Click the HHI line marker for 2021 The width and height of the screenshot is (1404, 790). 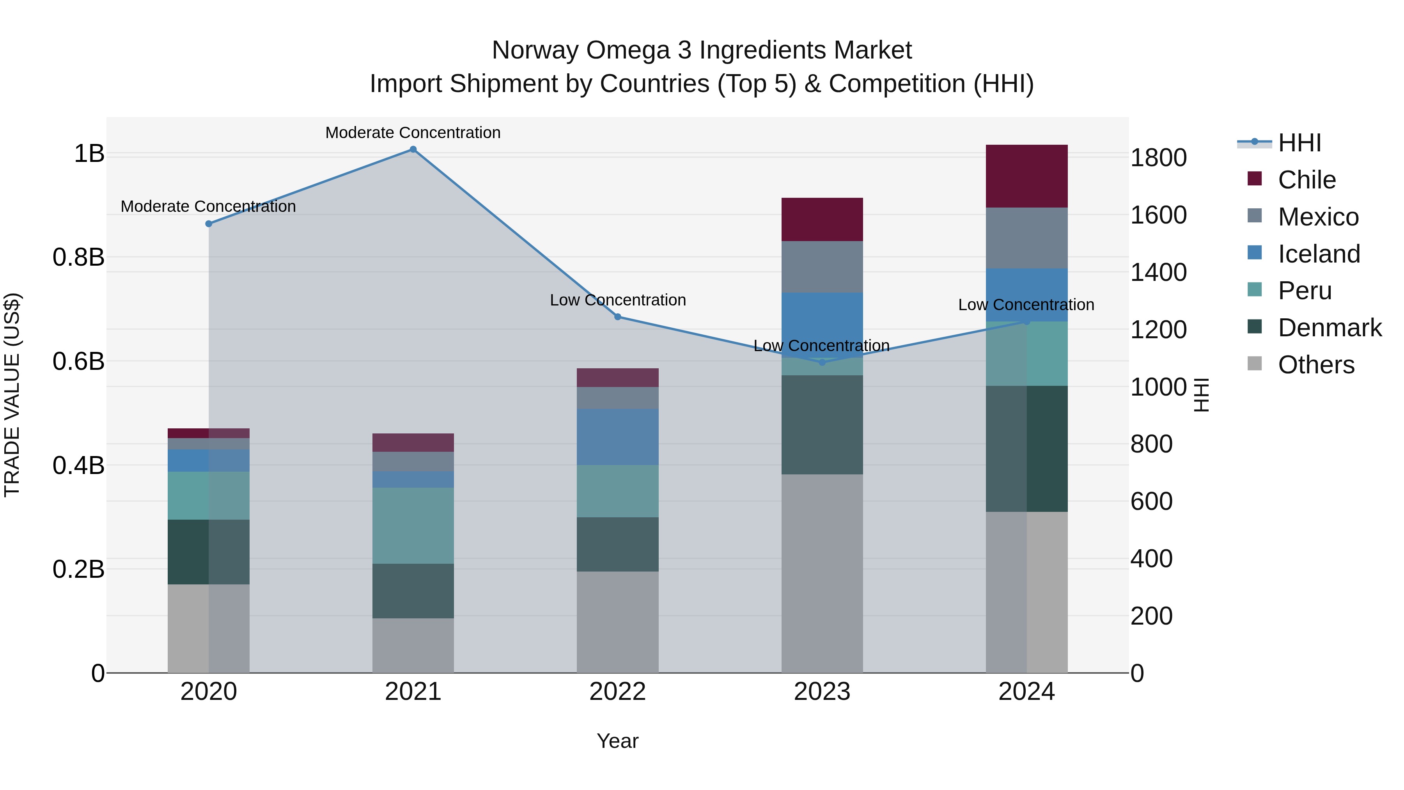(x=413, y=149)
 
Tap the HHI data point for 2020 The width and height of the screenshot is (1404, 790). (x=208, y=224)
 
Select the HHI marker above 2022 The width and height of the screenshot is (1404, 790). (x=617, y=317)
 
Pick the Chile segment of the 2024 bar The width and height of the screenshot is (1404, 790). (x=1026, y=176)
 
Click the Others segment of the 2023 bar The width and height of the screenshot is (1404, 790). (x=822, y=572)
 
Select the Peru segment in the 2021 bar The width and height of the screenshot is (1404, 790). (x=413, y=525)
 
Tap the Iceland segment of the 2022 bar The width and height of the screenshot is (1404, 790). (x=617, y=436)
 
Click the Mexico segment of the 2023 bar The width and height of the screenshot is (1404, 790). (x=822, y=266)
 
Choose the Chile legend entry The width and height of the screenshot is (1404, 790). (x=1306, y=180)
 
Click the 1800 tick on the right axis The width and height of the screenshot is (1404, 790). (x=1158, y=158)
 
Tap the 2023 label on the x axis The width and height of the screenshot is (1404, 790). (x=822, y=692)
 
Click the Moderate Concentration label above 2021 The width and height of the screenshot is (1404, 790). (x=413, y=133)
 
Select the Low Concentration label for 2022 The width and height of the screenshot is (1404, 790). (x=617, y=300)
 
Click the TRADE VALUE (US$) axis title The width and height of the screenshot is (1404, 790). (x=12, y=395)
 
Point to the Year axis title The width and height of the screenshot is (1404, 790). (x=617, y=741)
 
